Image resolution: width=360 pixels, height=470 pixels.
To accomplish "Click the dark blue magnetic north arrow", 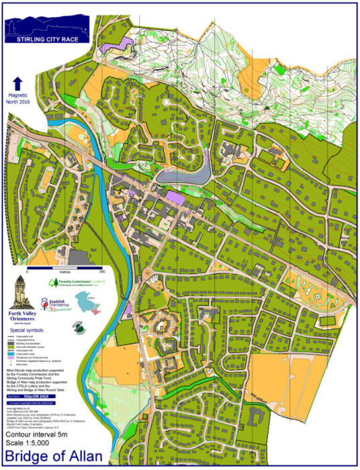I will [x=17, y=85].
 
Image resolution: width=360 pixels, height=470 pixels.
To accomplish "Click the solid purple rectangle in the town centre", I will [x=175, y=196].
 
